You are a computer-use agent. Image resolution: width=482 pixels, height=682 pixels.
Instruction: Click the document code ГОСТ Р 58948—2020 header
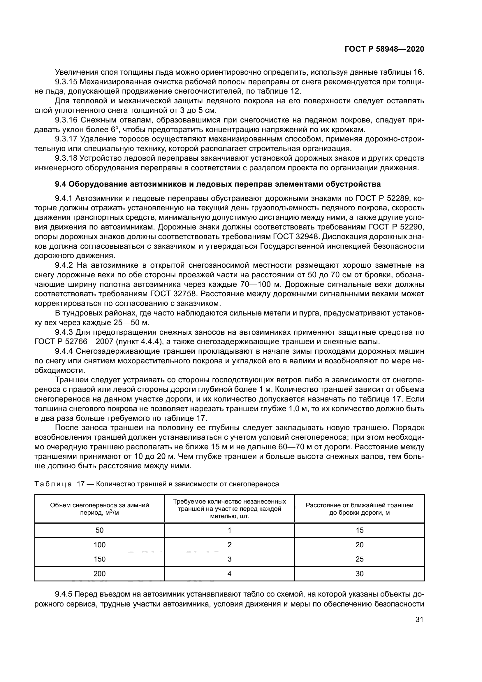click(384, 49)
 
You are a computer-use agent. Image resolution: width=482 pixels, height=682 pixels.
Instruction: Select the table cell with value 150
click(99, 559)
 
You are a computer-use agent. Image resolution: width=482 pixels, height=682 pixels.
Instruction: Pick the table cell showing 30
click(359, 574)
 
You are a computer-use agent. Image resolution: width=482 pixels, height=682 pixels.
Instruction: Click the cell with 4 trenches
click(229, 574)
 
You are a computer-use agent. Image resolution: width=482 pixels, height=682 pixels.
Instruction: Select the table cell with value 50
click(99, 530)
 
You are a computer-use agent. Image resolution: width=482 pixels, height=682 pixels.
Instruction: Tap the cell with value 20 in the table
click(359, 545)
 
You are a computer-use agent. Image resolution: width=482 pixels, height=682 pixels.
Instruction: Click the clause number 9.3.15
click(66, 82)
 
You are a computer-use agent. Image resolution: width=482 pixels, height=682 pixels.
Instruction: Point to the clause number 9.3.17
click(66, 139)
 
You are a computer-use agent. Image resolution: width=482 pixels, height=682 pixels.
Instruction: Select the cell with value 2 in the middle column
click(229, 545)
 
